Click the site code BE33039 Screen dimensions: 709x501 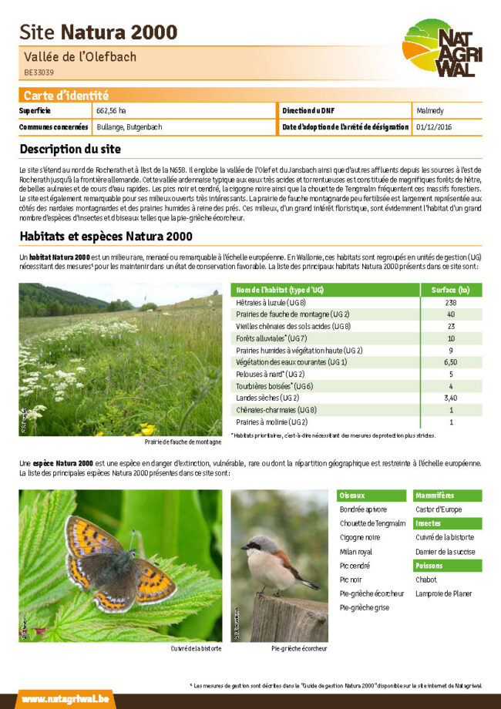tap(39, 72)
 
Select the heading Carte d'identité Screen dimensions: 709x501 tap(66, 96)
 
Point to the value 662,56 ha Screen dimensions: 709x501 tap(111, 111)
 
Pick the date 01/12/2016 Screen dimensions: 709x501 tap(433, 126)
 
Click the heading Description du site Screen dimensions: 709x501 tap(70, 149)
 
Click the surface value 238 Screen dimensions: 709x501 tap(451, 303)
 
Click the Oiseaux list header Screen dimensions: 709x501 tap(352, 495)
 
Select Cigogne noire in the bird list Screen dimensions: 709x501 tap(359, 538)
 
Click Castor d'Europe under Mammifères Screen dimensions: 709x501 tap(439, 509)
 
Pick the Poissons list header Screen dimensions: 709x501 tap(429, 566)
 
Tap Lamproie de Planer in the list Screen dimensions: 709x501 tap(443, 593)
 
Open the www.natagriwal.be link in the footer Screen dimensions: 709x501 tap(66, 699)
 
